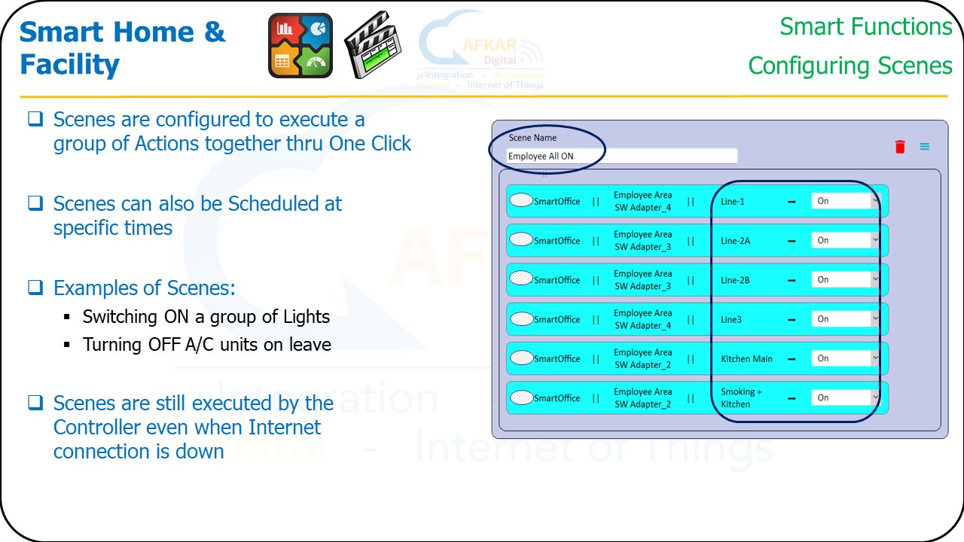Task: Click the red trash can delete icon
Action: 900,147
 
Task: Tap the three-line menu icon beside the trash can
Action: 924,147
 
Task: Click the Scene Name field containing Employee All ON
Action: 621,157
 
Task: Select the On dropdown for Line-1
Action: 845,201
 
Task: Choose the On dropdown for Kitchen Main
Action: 845,358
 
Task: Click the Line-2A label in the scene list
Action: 735,241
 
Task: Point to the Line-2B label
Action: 735,280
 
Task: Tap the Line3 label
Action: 731,319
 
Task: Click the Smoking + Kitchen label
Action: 740,397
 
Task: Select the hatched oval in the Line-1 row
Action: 521,200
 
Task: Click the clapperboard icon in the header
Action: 373,46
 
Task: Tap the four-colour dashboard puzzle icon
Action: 300,46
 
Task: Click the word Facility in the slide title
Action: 69,65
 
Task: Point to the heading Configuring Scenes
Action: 850,65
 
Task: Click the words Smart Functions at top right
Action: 865,27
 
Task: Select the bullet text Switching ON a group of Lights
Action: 206,317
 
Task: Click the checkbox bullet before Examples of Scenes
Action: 35,288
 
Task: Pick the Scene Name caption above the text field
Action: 532,138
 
